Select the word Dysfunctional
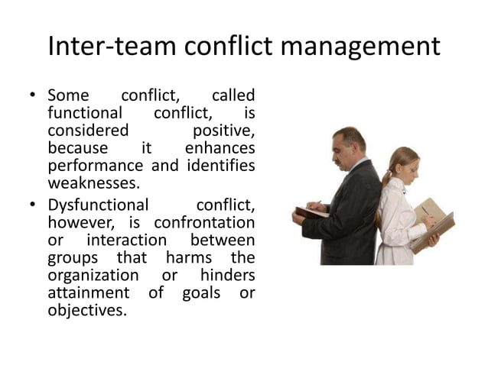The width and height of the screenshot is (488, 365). tap(97, 205)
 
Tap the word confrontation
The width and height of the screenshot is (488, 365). tap(204, 222)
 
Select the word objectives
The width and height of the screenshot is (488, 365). tap(86, 311)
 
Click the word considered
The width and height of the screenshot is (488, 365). tap(88, 131)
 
